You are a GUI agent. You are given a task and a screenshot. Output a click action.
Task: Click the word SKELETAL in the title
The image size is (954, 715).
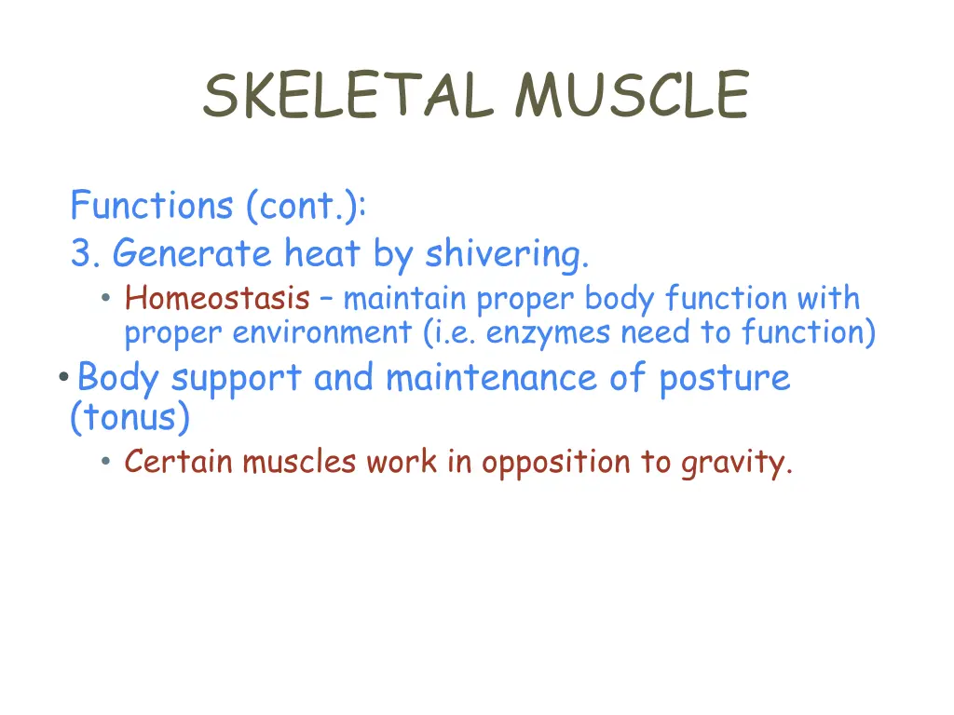pyautogui.click(x=348, y=96)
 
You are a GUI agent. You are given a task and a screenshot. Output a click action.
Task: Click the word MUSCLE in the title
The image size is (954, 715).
pyautogui.click(x=632, y=96)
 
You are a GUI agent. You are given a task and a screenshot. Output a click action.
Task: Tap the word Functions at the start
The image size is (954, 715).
pyautogui.click(x=152, y=205)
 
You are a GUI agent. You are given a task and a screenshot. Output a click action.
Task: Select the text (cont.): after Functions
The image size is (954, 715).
pyautogui.click(x=307, y=206)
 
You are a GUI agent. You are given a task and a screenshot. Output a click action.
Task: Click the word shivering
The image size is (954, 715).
pyautogui.click(x=507, y=253)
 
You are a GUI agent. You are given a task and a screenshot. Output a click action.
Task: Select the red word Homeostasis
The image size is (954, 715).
pyautogui.click(x=217, y=299)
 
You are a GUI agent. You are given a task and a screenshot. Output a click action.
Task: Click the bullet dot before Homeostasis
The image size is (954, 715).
pyautogui.click(x=107, y=300)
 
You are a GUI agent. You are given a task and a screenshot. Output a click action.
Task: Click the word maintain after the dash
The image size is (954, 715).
pyautogui.click(x=404, y=299)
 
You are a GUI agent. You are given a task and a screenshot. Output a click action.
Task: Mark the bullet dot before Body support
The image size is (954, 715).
pyautogui.click(x=61, y=378)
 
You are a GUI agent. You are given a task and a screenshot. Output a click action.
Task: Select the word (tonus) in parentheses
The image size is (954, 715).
pyautogui.click(x=129, y=418)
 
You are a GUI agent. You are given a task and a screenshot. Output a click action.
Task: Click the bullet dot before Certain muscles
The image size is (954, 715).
pyautogui.click(x=107, y=462)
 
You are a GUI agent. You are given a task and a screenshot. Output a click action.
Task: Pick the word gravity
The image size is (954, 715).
pyautogui.click(x=736, y=462)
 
